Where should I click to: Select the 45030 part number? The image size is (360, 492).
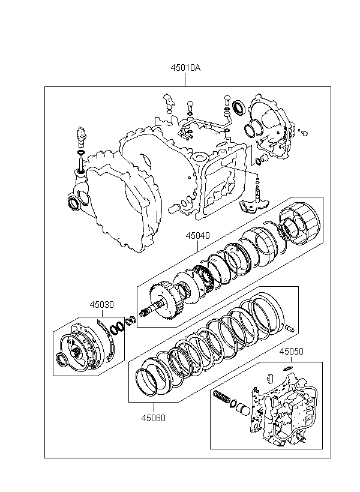(x=101, y=305)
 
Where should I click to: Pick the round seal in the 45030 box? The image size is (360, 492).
(x=61, y=360)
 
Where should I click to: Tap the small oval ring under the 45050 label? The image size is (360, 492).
(x=288, y=368)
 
